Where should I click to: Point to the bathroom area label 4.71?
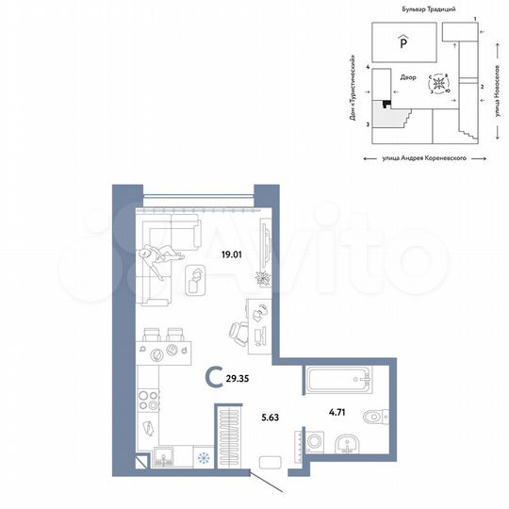point(338,412)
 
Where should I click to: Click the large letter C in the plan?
point(216,380)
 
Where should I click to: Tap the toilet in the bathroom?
point(377,414)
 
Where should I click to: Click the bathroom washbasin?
point(348,444)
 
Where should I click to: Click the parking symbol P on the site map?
point(401,40)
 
